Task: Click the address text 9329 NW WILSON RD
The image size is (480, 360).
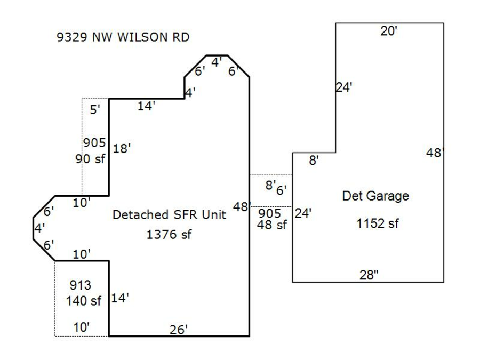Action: pos(123,37)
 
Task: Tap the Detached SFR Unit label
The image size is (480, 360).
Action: pos(169,215)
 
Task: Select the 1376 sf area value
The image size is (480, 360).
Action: pos(169,234)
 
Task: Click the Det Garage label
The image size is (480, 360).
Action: pos(375,196)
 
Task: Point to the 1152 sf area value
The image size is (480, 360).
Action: pos(378,223)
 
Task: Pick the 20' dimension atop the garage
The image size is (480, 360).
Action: pos(389,31)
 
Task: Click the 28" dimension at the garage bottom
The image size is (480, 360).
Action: pos(369,275)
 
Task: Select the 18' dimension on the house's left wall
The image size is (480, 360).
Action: pos(122,149)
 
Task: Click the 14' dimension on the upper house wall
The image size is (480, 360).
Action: pos(146,106)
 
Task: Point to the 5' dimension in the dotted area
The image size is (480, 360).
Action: pos(95,110)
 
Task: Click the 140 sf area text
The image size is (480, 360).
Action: pos(84,301)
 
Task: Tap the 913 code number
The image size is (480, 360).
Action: pos(80,286)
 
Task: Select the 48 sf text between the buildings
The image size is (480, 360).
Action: pos(272,225)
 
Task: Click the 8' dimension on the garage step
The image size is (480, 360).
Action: pos(314,161)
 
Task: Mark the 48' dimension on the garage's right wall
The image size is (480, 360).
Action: pos(435,153)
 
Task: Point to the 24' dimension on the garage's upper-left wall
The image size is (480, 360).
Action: pos(344,87)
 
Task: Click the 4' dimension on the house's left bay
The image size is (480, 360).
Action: pos(38,228)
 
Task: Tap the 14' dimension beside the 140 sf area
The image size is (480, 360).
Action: pos(120,299)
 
